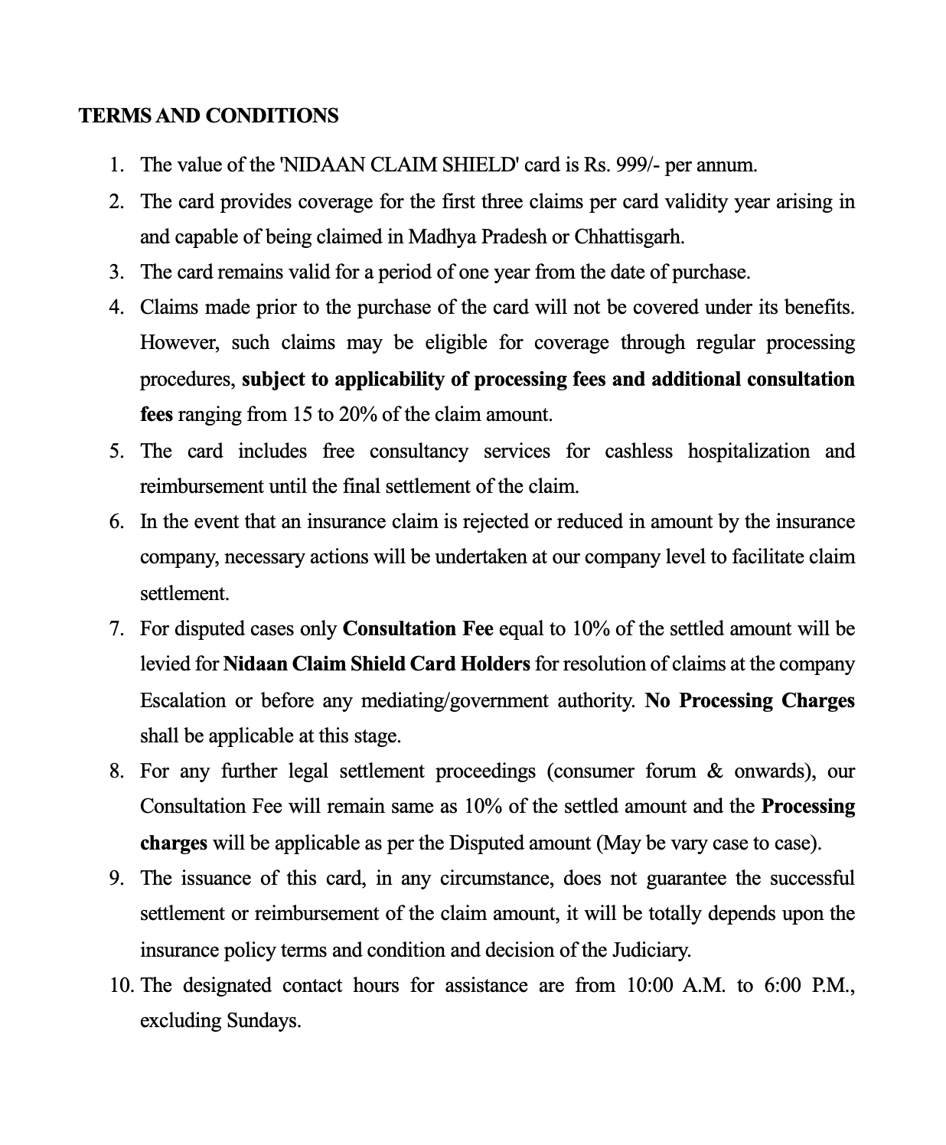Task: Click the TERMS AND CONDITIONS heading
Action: pyautogui.click(x=208, y=116)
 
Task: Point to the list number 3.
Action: pyautogui.click(x=116, y=272)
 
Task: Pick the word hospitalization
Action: pyautogui.click(x=748, y=451)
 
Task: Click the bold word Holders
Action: pyautogui.click(x=494, y=664)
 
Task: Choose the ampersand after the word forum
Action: pyautogui.click(x=715, y=771)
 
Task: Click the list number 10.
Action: pyautogui.click(x=122, y=985)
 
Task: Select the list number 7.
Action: pyautogui.click(x=116, y=629)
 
